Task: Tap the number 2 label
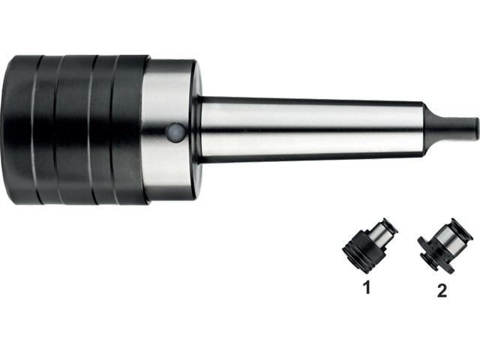coord(442,290)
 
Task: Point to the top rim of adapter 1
coord(389,224)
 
